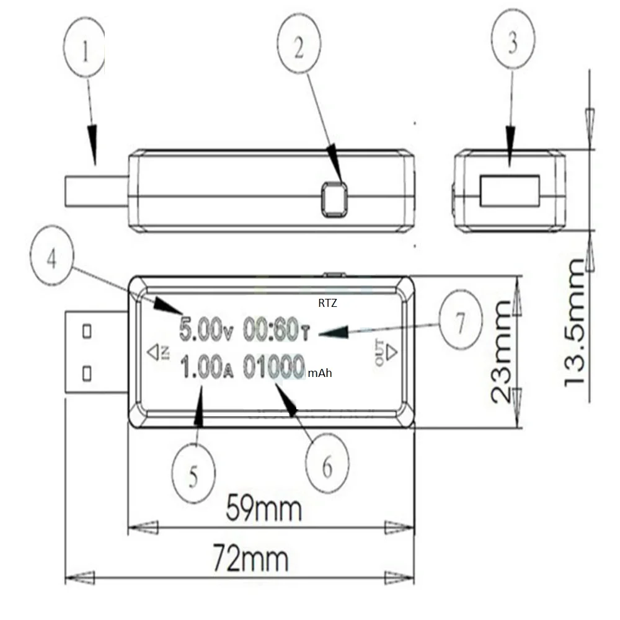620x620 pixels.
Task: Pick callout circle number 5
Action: tap(193, 474)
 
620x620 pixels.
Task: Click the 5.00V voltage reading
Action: tap(206, 329)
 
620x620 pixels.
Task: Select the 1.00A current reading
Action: tap(207, 367)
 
